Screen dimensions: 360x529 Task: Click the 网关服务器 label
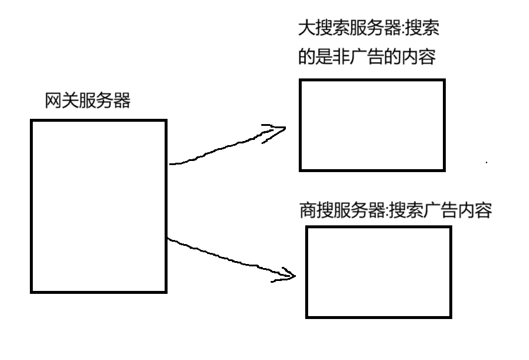coord(88,101)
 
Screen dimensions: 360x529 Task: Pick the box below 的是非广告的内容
coord(372,125)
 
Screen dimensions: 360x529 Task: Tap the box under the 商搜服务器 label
coord(379,272)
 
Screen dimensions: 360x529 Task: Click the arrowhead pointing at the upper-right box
coord(279,129)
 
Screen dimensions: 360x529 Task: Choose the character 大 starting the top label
coord(306,29)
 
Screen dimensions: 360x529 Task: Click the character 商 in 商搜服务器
coord(307,210)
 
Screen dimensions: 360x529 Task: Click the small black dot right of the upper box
coord(487,162)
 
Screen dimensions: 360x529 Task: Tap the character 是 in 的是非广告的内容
coord(323,58)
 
